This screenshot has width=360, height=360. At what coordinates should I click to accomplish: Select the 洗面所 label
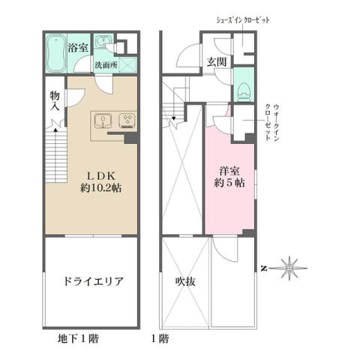click(104, 65)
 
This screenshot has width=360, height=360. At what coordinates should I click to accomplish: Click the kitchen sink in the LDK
click(103, 120)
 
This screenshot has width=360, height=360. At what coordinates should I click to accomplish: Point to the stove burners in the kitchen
click(127, 120)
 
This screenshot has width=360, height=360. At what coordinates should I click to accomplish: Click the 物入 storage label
click(54, 102)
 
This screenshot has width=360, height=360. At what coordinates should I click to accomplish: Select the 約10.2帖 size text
click(97, 188)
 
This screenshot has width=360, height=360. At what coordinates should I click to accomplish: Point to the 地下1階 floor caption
click(78, 338)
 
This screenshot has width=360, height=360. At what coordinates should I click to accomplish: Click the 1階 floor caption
click(159, 338)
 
